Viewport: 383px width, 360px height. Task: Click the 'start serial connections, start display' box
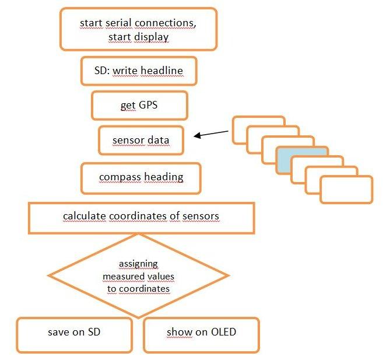[x=138, y=29]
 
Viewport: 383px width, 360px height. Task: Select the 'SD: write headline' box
[x=138, y=71]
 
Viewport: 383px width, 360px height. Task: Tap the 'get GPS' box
[x=139, y=106]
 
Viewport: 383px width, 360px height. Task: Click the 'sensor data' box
[x=141, y=140]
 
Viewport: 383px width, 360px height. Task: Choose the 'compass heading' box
[x=141, y=177]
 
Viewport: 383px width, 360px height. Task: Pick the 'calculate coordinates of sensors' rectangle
[x=141, y=217]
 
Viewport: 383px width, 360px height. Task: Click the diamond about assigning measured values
[x=138, y=275]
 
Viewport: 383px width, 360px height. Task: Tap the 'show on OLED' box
[x=201, y=334]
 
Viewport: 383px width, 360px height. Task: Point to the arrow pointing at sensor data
[x=211, y=134]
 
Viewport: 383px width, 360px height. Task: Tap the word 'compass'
[x=120, y=177]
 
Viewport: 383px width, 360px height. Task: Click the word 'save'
[x=58, y=332]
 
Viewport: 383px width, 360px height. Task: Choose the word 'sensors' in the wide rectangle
[x=201, y=216]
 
